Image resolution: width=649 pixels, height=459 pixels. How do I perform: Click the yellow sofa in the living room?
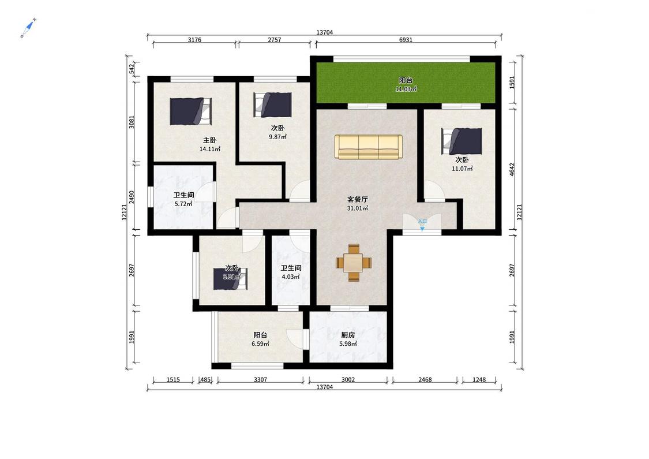click(x=369, y=147)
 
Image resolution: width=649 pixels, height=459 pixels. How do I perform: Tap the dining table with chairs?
click(x=354, y=263)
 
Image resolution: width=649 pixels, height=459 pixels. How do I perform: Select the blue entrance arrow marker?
click(x=422, y=228)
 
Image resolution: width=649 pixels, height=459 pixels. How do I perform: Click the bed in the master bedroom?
click(x=190, y=111)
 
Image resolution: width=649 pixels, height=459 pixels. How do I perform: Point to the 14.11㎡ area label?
click(x=210, y=149)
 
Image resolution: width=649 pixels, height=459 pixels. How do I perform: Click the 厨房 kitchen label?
click(x=348, y=335)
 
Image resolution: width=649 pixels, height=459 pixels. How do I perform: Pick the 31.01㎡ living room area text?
click(x=357, y=208)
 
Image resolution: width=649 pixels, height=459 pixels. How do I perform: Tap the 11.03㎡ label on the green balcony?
click(x=406, y=89)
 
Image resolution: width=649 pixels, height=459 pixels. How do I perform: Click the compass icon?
click(x=28, y=28)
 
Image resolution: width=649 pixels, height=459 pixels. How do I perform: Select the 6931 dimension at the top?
click(x=406, y=40)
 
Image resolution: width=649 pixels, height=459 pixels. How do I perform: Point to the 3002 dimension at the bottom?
click(x=348, y=379)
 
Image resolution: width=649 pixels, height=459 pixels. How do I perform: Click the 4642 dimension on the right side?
click(x=512, y=169)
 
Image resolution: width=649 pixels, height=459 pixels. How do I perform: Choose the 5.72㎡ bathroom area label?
click(x=183, y=204)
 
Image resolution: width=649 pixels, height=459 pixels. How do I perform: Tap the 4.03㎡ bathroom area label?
click(x=291, y=277)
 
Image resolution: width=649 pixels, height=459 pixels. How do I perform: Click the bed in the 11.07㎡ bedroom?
click(x=462, y=141)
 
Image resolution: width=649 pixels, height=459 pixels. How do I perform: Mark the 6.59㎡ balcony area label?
click(x=260, y=344)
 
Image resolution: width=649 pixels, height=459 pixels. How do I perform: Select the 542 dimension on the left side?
click(x=132, y=69)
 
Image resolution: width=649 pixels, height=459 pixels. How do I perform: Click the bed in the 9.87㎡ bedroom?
click(x=273, y=105)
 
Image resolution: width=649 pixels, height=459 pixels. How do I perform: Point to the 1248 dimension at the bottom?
click(x=479, y=379)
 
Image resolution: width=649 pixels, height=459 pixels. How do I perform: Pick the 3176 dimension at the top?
click(x=194, y=40)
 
